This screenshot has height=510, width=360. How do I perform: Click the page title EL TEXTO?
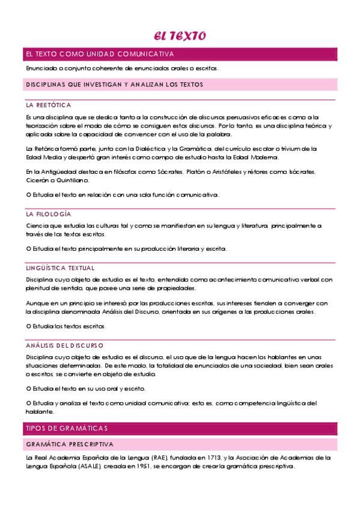tap(180, 36)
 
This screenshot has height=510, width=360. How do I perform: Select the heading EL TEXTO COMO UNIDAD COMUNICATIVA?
tap(99, 54)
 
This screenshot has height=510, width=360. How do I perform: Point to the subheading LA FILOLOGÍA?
tap(48, 214)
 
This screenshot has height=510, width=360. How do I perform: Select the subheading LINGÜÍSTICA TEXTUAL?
tap(60, 268)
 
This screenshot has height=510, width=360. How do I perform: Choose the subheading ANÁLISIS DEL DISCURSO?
tap(64, 346)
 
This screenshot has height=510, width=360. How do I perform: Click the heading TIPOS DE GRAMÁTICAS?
tap(66, 428)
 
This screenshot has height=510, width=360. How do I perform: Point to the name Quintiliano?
tap(75, 180)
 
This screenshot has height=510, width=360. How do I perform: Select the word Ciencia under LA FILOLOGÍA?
tap(37, 226)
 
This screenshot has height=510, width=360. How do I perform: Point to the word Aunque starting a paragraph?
tap(37, 303)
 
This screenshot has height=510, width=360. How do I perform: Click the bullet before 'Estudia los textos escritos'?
tap(28, 327)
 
